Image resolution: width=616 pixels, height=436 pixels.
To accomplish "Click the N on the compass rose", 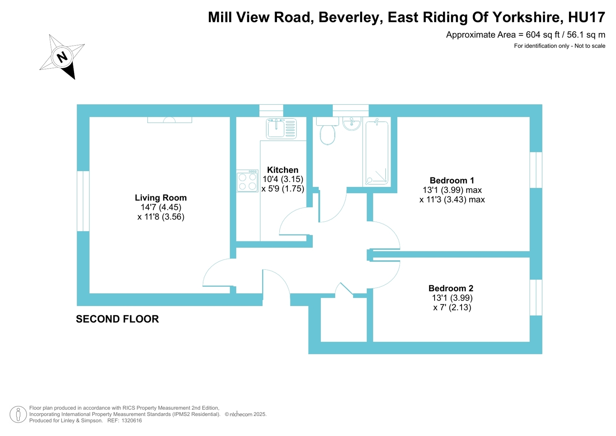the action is [x=62, y=57].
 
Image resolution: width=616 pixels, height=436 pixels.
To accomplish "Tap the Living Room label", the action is [x=161, y=198].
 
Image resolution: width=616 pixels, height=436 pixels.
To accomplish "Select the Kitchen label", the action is [x=282, y=170].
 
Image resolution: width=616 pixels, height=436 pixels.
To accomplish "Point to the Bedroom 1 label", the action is [x=452, y=180].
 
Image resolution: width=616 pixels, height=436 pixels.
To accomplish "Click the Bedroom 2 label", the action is [x=451, y=288].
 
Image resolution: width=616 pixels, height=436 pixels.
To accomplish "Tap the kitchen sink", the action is [x=281, y=128].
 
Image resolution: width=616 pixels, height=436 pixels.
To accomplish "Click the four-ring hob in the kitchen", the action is [x=247, y=181].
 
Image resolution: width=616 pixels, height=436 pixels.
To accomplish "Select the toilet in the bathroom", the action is [x=327, y=131].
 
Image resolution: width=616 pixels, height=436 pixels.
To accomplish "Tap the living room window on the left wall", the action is [x=83, y=201].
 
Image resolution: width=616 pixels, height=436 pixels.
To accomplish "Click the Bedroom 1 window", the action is [x=536, y=170].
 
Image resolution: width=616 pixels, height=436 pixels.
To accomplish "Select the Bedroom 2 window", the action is [x=536, y=297].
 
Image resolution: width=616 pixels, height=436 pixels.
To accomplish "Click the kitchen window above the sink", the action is [x=271, y=111].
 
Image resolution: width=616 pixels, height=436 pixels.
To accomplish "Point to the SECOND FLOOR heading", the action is [x=117, y=319].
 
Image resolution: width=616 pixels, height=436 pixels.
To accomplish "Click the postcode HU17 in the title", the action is [x=586, y=17].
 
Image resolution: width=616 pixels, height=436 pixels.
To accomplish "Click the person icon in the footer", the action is [x=18, y=414].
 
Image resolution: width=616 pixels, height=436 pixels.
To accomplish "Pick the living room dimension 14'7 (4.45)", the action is [x=161, y=207].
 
